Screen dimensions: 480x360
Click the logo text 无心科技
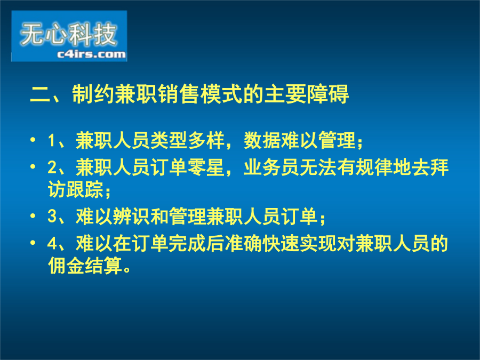click(68, 34)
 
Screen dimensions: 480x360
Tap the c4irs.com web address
click(91, 54)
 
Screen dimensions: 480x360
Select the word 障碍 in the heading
click(327, 94)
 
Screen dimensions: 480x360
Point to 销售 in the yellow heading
click(179, 94)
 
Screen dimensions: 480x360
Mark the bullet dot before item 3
click(33, 216)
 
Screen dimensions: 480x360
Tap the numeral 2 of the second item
click(52, 167)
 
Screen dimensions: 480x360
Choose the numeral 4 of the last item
click(52, 244)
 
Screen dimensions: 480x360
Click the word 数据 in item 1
click(262, 140)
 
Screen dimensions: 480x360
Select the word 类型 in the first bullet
click(169, 140)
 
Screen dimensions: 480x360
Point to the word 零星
click(206, 167)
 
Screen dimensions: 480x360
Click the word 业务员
click(271, 167)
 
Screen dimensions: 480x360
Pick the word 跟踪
click(85, 189)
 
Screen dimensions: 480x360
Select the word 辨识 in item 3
click(131, 217)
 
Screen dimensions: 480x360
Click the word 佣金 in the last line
click(66, 266)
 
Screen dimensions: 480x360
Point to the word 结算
click(103, 266)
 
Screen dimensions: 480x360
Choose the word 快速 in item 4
click(281, 244)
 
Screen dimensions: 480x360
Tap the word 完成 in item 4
click(187, 244)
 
